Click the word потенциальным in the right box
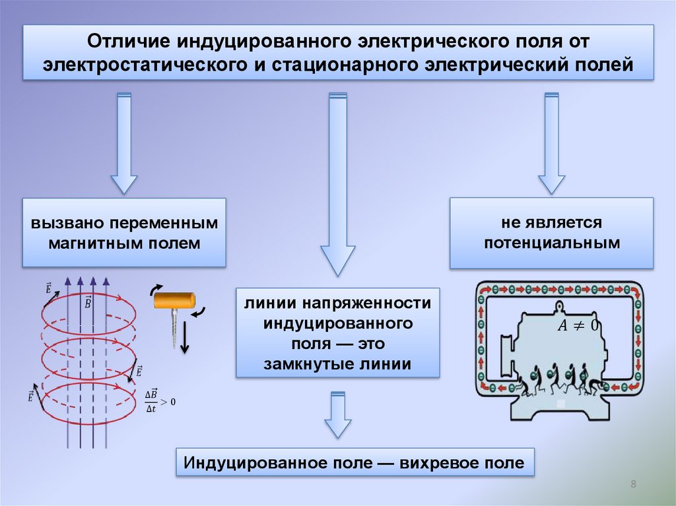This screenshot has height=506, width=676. click(552, 242)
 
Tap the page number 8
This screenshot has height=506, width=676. click(633, 485)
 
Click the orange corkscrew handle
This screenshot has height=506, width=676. click(176, 301)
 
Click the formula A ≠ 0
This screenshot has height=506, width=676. click(578, 325)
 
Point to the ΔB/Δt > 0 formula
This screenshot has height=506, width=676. click(160, 401)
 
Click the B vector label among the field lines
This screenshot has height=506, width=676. click(88, 302)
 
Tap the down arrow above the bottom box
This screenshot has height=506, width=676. click(337, 416)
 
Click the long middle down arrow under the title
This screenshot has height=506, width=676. click(337, 185)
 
